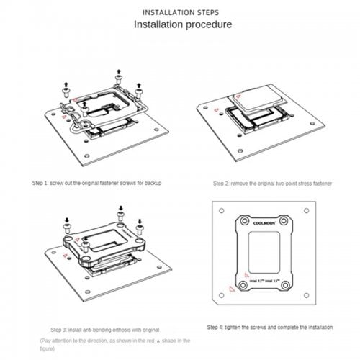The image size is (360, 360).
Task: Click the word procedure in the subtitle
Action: tap(204, 25)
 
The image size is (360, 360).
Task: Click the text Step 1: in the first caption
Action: tap(42, 183)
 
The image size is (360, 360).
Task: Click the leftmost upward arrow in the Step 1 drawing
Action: tap(66, 85)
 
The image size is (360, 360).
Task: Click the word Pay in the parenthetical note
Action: tap(46, 338)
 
